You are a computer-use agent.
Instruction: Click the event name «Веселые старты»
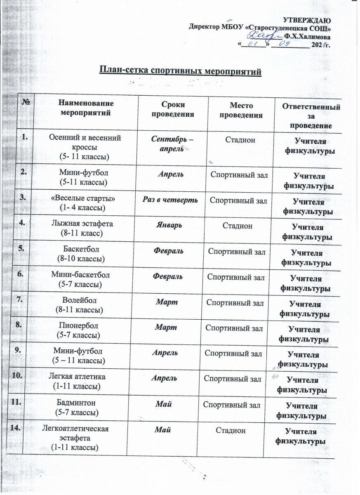pyautogui.click(x=86, y=199)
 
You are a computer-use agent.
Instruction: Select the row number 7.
pyautogui.click(x=21, y=300)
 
